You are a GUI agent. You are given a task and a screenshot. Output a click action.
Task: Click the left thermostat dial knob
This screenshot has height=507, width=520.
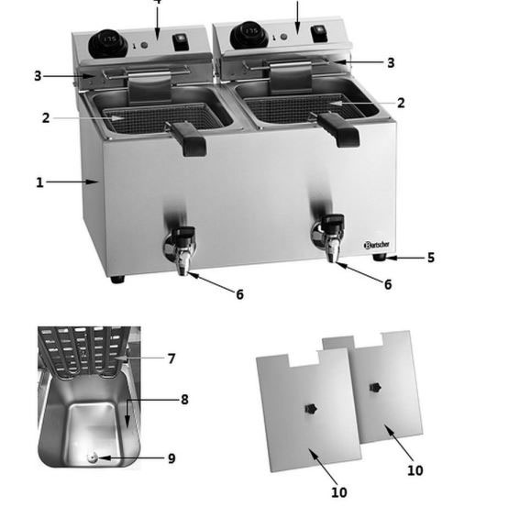pyautogui.click(x=108, y=41)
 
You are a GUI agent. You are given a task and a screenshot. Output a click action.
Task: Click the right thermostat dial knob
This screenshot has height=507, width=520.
pyautogui.click(x=248, y=35)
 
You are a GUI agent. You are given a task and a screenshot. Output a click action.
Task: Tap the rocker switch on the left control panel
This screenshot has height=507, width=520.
pyautogui.click(x=180, y=42)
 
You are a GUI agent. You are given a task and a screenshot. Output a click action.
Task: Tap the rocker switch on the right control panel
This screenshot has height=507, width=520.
pyautogui.click(x=317, y=33)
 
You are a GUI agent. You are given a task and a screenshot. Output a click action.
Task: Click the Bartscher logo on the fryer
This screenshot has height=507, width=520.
pyautogui.click(x=377, y=245)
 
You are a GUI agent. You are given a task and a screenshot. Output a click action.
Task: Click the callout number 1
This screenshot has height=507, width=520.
pyautogui.click(x=39, y=182)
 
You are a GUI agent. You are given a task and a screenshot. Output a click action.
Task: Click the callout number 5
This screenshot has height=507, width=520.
pyautogui.click(x=430, y=258)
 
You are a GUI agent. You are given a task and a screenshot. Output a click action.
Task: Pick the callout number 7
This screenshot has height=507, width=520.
pyautogui.click(x=171, y=358)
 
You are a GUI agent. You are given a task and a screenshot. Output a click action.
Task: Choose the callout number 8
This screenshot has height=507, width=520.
pyautogui.click(x=183, y=399)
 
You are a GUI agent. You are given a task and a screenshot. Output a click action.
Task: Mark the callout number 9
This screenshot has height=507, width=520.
pyautogui.click(x=171, y=458)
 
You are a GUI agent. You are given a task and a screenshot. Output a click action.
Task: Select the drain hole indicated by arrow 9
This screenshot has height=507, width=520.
pyautogui.click(x=93, y=457)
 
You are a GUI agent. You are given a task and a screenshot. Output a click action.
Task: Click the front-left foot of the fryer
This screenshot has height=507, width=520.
pyautogui.click(x=116, y=278)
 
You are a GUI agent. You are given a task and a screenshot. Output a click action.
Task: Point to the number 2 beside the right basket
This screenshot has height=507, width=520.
pyautogui.click(x=400, y=104)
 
